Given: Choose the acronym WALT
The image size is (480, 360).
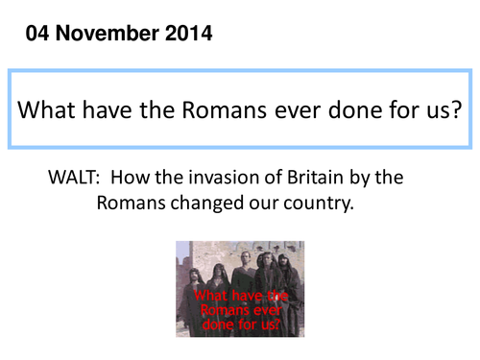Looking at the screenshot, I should pos(73,178).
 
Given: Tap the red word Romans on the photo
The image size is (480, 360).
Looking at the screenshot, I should pos(217,310).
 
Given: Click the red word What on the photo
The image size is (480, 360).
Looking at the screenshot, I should pos(214,296).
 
